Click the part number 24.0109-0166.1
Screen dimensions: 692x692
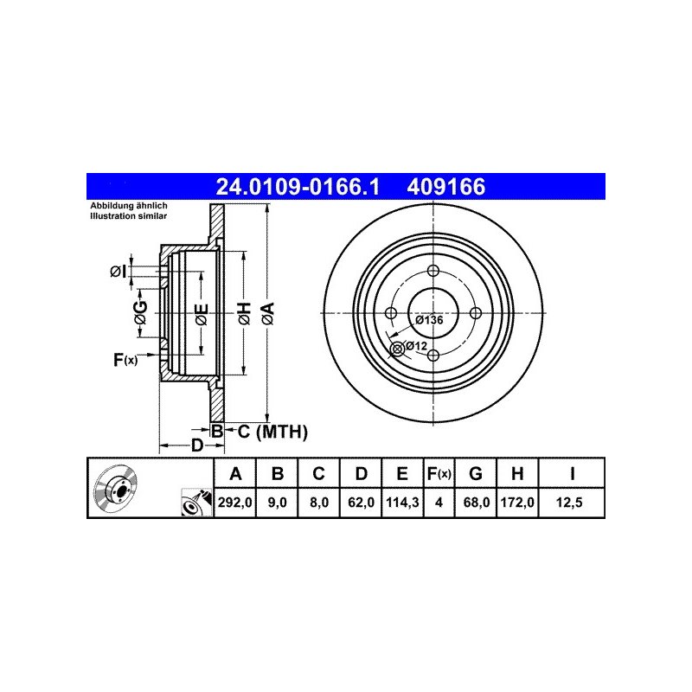[298, 187]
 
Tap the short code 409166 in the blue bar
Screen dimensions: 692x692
[445, 187]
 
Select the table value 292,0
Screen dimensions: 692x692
[234, 503]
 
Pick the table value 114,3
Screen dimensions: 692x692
[402, 503]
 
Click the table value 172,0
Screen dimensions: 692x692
[517, 503]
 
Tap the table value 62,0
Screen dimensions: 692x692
[361, 503]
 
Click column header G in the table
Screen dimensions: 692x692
[475, 473]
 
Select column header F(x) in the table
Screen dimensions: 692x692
[439, 473]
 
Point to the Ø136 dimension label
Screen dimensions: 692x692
[429, 319]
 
